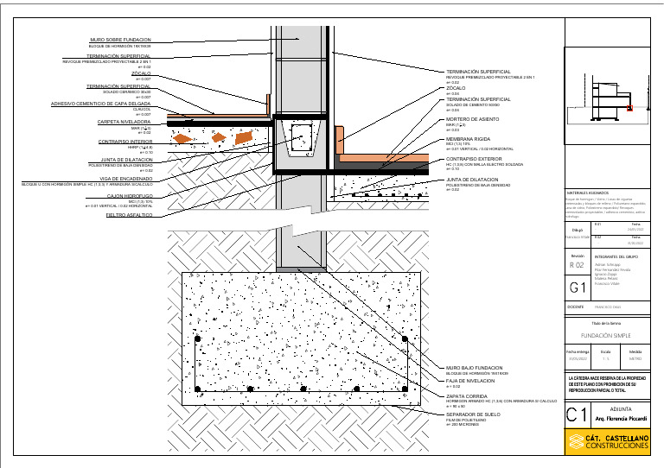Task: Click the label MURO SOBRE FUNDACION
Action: (120, 40)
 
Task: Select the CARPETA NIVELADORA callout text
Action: (124, 123)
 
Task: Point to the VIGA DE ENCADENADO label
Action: (126, 179)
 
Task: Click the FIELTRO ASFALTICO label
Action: (129, 215)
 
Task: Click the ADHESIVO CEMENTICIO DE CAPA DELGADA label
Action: (101, 104)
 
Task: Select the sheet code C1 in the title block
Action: (576, 415)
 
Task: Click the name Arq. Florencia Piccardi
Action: (620, 419)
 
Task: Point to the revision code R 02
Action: (577, 265)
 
